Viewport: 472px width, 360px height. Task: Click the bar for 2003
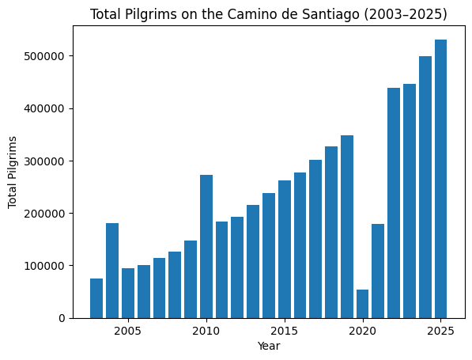pos(96,298)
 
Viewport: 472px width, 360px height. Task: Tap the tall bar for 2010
pos(206,246)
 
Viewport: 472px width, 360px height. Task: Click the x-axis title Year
pos(269,346)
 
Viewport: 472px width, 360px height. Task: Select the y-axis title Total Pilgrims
pos(13,172)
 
